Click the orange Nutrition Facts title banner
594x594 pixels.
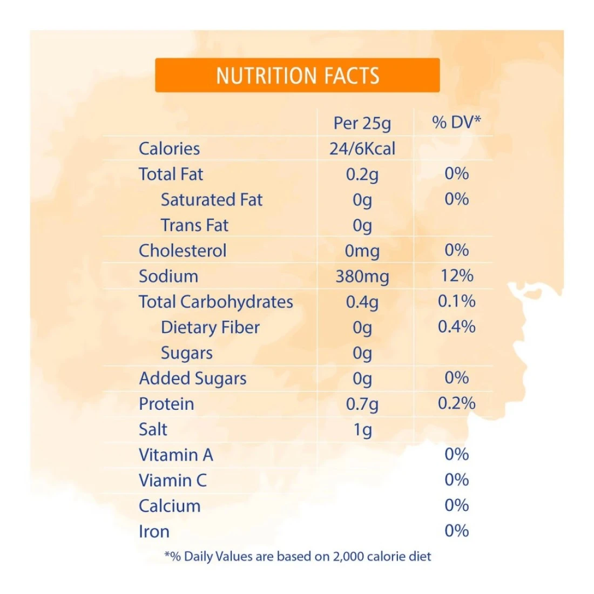coord(297,75)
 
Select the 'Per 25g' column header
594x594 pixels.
coord(362,123)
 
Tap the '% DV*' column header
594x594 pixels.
coord(456,122)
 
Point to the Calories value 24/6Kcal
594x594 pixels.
coord(362,148)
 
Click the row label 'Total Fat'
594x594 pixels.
coord(171,174)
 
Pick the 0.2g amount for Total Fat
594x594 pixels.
coord(362,174)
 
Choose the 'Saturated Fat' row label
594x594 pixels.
coord(211,200)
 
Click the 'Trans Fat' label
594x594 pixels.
coord(194,225)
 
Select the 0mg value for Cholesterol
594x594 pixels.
coord(362,251)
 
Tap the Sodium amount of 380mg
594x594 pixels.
coord(362,276)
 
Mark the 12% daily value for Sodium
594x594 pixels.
coord(456,275)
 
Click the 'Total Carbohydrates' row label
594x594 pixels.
coord(215,302)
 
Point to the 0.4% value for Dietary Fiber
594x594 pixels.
coord(456,326)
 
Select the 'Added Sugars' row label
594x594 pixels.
coord(192,379)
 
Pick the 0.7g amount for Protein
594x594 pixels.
coord(362,404)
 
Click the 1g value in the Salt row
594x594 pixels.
coord(362,430)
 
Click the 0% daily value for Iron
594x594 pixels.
coord(456,531)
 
